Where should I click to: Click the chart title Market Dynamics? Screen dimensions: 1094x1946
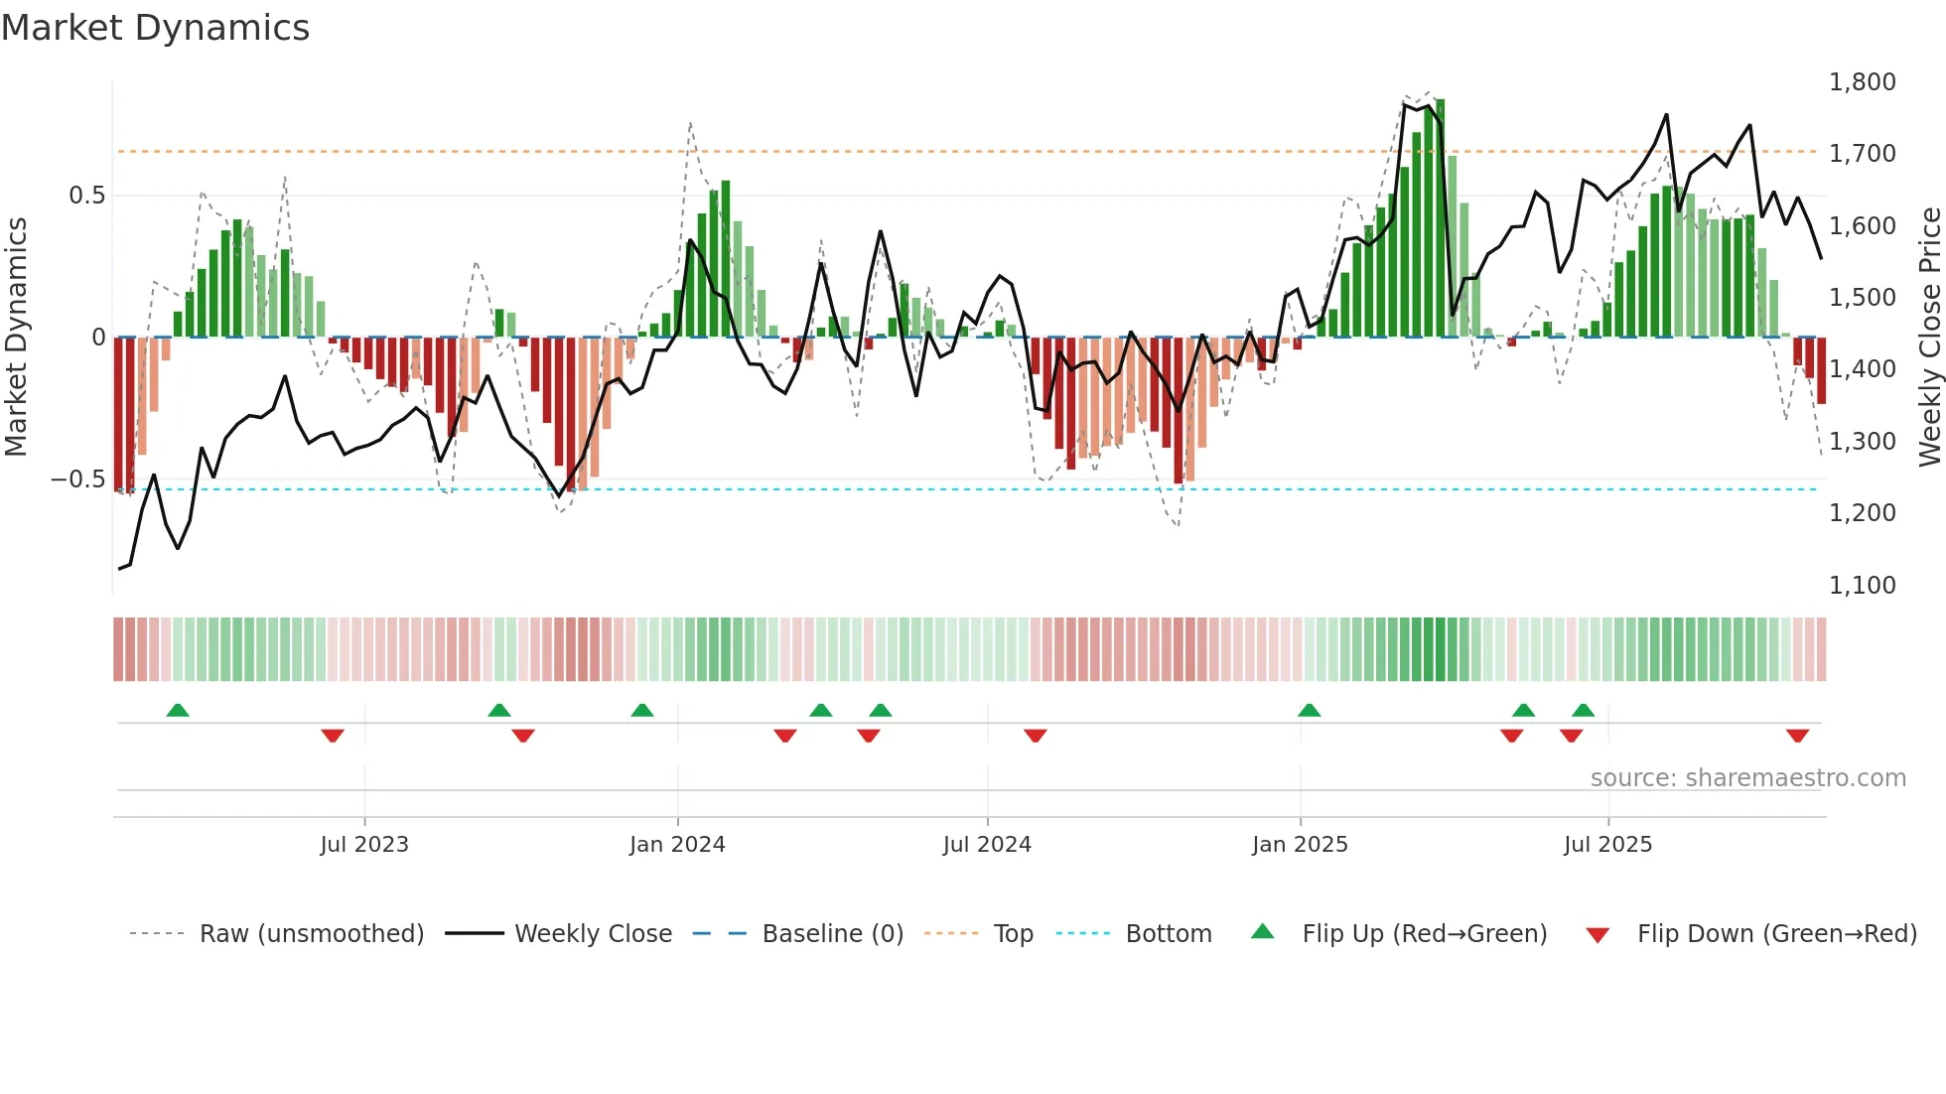coord(155,28)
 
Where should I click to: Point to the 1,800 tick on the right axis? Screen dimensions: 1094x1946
coord(1862,82)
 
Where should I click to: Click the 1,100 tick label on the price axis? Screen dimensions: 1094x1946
coord(1862,586)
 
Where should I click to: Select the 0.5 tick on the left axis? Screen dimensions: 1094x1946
coord(86,196)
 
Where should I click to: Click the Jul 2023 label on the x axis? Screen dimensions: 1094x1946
coord(364,845)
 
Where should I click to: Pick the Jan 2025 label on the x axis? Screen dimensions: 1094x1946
coord(1300,845)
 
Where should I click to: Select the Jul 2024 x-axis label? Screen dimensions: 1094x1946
coord(987,845)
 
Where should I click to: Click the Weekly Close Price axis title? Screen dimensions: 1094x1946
coord(1929,338)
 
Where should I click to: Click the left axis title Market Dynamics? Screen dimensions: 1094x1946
coord(16,338)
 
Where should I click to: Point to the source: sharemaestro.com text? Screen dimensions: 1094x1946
coord(1747,778)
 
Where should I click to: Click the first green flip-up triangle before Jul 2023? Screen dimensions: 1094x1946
coord(178,711)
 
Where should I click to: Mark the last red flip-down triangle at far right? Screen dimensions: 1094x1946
coord(1797,736)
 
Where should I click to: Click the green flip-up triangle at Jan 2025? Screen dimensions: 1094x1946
coord(1309,711)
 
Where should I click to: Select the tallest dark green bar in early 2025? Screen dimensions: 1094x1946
coord(1441,218)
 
